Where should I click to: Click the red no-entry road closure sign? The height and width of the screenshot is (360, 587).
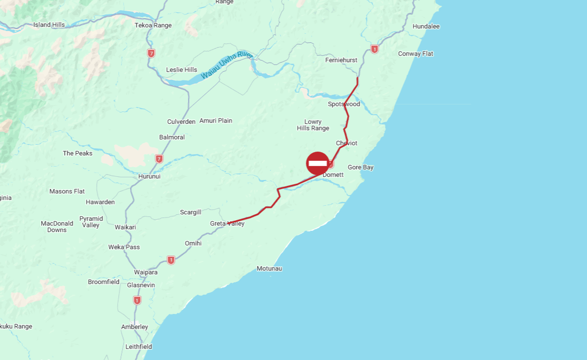[318, 163]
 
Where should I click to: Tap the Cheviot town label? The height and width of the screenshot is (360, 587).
[347, 143]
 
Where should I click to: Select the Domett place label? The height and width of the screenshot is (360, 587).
[333, 175]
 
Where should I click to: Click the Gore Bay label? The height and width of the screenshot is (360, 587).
[360, 168]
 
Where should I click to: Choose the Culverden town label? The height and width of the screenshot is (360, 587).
[181, 122]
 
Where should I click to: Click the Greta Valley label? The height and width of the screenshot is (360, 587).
[227, 224]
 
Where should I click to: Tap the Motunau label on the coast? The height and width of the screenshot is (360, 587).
[269, 268]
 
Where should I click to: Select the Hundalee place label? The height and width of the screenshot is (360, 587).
[426, 26]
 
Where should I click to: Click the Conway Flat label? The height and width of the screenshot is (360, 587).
[416, 54]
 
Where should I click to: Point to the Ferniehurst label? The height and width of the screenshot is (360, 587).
[341, 61]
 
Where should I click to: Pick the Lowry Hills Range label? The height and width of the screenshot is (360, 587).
[313, 125]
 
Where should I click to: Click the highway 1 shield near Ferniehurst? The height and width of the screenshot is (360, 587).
[374, 49]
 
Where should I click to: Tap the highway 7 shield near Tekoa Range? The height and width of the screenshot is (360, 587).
[152, 54]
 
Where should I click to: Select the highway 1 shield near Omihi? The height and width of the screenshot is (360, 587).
[171, 260]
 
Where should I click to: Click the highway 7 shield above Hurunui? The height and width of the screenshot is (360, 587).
[159, 159]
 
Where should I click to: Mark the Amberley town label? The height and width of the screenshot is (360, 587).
[134, 327]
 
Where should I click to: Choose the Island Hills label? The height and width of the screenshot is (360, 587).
[49, 25]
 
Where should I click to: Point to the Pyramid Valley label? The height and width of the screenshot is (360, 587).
[91, 222]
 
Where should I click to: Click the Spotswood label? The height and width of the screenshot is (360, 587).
[344, 104]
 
